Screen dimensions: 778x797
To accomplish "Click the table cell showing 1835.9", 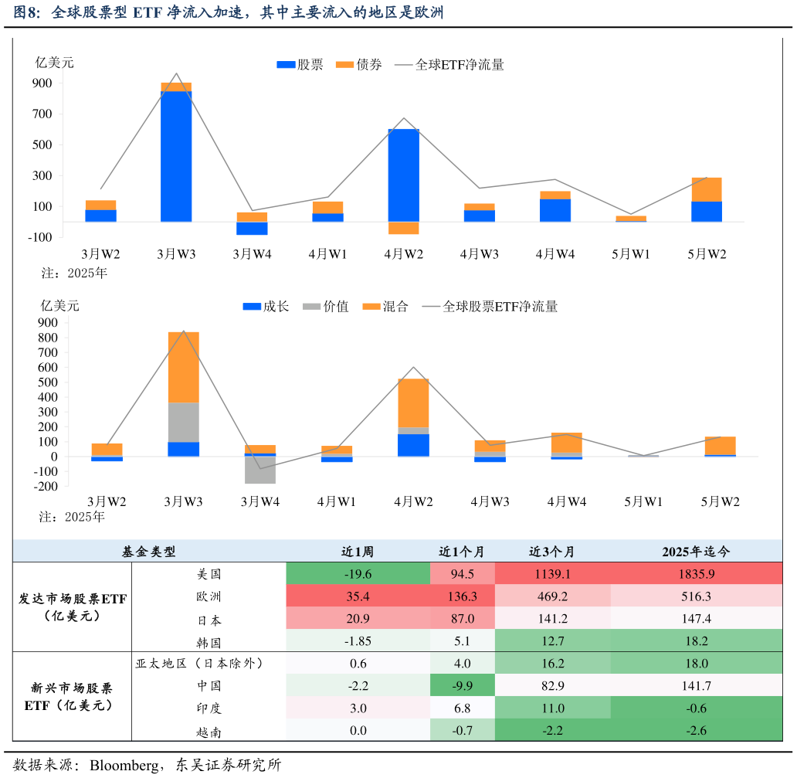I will tap(696, 574).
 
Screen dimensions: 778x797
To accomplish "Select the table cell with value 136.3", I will tap(463, 596).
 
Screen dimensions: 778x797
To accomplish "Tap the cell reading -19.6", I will tap(358, 574).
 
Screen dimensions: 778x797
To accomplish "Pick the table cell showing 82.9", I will tap(552, 685).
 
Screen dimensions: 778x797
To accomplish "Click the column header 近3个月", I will tap(552, 552).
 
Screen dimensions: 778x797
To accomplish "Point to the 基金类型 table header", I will tap(149, 552).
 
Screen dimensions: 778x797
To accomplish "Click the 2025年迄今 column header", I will tap(696, 552).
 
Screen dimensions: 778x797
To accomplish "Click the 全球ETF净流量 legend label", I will tap(460, 65).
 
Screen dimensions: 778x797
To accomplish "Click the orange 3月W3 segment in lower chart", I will tap(184, 367).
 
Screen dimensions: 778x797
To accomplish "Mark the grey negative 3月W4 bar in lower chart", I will tap(260, 471).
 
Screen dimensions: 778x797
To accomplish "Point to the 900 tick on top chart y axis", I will tap(42, 83).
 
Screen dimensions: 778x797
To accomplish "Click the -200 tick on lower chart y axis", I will tap(48, 487).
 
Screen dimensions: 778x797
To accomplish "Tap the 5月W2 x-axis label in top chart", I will tap(707, 253).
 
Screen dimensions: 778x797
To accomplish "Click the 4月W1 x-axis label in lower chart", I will tap(337, 501).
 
